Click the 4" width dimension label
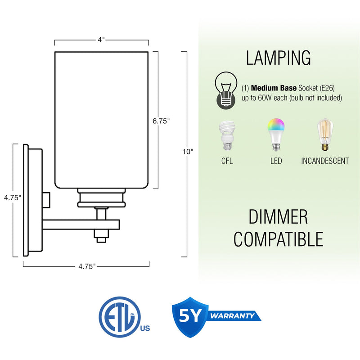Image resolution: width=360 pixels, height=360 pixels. (101, 40)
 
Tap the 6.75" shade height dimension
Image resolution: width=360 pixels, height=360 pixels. (161, 121)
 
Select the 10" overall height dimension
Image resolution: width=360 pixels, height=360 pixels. (188, 152)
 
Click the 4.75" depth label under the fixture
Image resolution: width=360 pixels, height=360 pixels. (87, 266)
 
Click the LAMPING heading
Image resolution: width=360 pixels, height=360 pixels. (278, 58)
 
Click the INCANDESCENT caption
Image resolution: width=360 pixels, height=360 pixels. (324, 161)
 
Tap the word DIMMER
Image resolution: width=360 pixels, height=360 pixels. (278, 217)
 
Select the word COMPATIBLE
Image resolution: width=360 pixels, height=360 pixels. (278, 239)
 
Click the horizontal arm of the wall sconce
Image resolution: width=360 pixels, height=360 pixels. (81, 224)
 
